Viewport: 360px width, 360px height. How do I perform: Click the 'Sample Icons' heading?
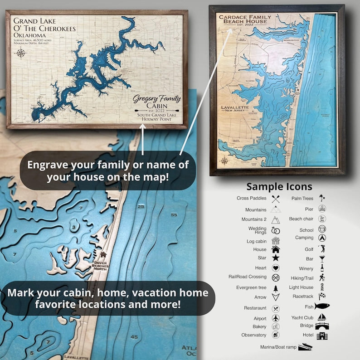click(279, 187)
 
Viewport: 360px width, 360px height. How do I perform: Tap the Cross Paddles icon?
click(275, 199)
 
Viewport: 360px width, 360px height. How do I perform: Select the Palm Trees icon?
click(322, 198)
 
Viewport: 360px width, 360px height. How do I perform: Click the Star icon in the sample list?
click(275, 258)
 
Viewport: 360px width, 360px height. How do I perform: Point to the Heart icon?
click(275, 268)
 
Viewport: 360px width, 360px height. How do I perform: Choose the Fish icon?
click(322, 306)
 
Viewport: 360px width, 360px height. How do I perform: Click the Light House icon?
click(322, 287)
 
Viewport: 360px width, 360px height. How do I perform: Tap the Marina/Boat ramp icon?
click(305, 347)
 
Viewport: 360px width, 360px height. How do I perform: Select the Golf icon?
click(322, 249)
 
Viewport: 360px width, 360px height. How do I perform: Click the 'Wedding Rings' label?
click(258, 230)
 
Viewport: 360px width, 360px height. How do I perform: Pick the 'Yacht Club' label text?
click(303, 318)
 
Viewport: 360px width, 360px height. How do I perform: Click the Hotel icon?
click(322, 336)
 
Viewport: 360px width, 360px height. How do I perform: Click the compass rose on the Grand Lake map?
click(20, 53)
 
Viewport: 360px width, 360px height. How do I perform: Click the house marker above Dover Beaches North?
click(103, 255)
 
